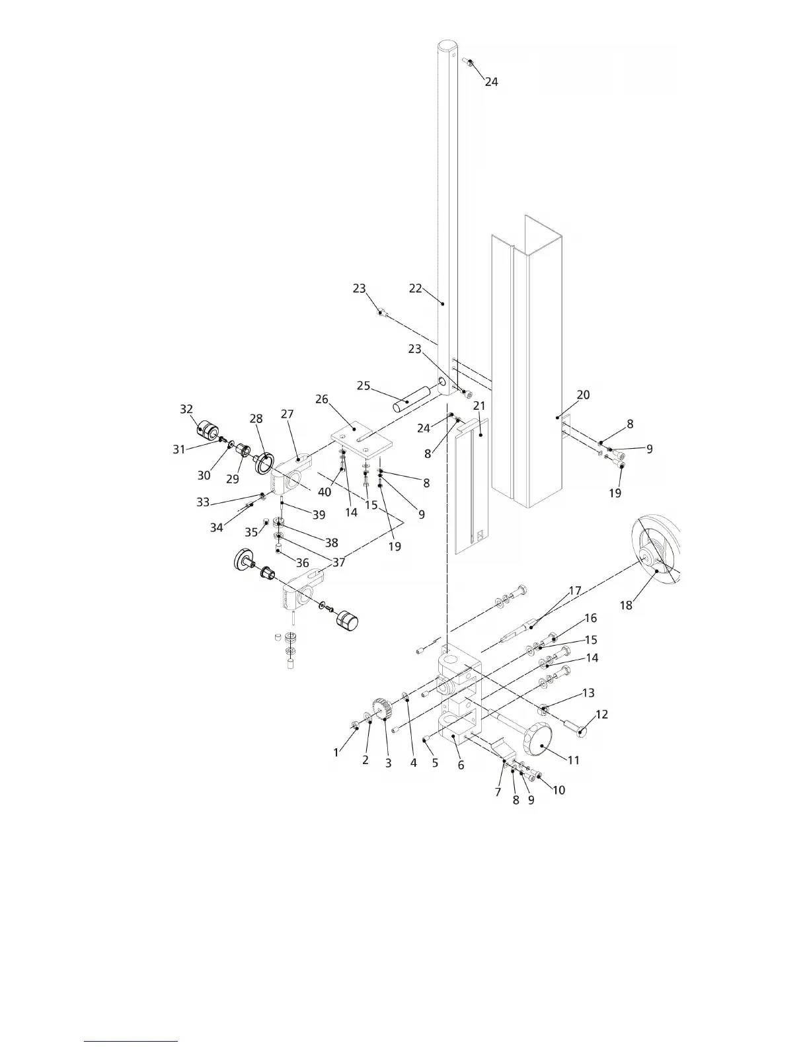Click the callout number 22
(415, 289)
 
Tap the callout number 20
(583, 395)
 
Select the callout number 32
(186, 409)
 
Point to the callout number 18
(625, 605)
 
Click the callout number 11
(574, 760)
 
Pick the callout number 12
(601, 715)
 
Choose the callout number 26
(322, 399)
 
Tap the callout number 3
(389, 763)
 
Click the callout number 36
(302, 563)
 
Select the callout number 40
(325, 492)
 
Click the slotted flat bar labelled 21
(471, 483)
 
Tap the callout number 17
(574, 591)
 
